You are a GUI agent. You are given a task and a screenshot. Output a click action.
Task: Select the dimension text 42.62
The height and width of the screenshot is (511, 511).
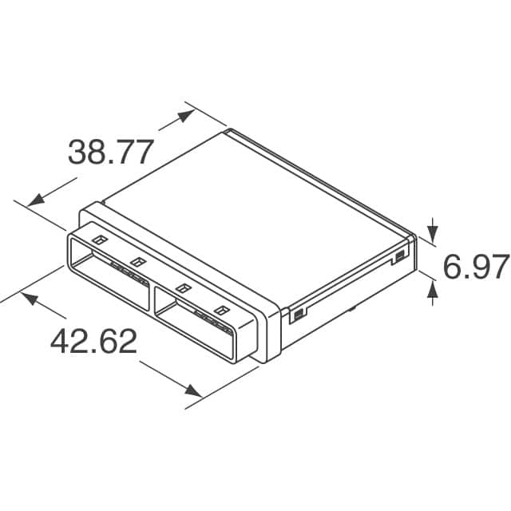pyautogui.click(x=93, y=342)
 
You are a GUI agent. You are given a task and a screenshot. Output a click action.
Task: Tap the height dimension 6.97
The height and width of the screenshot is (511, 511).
pyautogui.click(x=476, y=267)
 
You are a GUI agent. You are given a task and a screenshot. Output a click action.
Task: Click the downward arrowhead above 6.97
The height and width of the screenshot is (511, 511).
pyautogui.click(x=432, y=233)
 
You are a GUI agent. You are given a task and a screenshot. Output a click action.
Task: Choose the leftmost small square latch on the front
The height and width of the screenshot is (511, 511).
pyautogui.click(x=99, y=240)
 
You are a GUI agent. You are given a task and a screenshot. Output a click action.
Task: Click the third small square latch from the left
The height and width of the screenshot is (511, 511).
pyautogui.click(x=183, y=288)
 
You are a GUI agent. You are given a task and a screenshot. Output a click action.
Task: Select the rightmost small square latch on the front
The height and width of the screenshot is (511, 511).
pyautogui.click(x=220, y=310)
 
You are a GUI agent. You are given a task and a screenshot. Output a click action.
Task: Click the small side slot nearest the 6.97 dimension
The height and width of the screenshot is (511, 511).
pyautogui.click(x=398, y=256)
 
